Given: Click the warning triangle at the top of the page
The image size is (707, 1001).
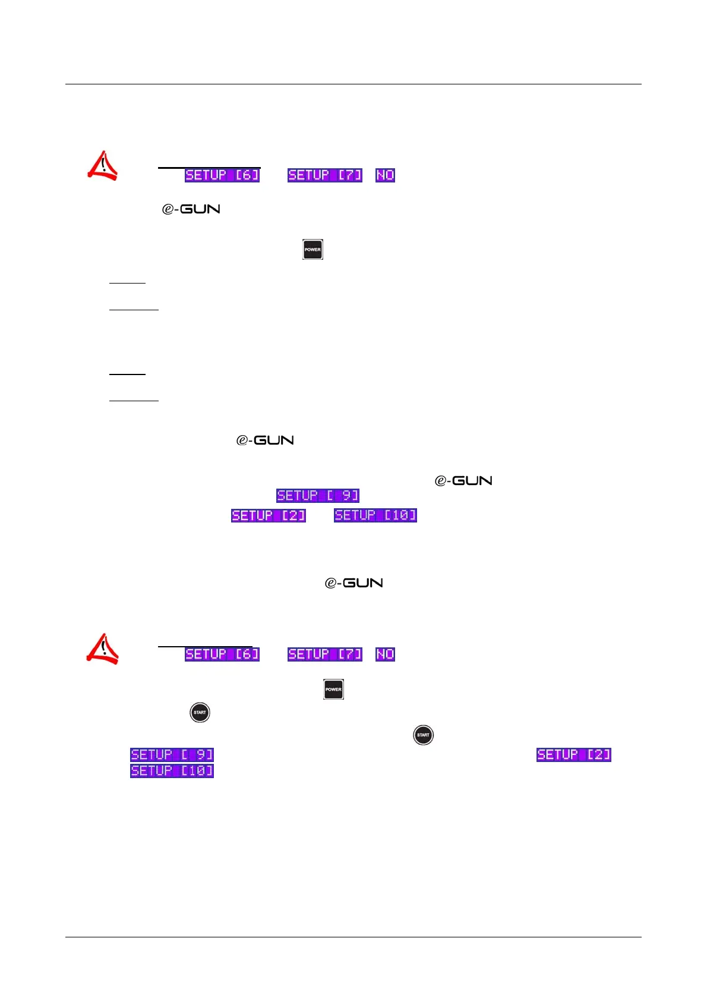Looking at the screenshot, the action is [x=102, y=166].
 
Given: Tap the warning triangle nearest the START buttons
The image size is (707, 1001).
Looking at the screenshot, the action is [x=102, y=649].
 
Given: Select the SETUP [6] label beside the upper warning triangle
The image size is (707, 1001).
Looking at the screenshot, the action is [x=222, y=175].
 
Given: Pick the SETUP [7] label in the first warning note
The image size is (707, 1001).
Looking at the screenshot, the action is [x=325, y=175].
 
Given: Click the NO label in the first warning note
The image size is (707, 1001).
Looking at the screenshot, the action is [x=386, y=175].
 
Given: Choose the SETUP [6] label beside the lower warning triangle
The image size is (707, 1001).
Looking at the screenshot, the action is [x=222, y=654].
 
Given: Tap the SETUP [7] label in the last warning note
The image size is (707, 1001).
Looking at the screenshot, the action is [x=325, y=654].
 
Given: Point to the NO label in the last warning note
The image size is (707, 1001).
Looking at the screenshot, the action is [x=386, y=654].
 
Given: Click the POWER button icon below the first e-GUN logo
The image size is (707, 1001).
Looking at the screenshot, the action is [x=313, y=250].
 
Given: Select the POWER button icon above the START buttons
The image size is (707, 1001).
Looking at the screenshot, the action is [x=333, y=690].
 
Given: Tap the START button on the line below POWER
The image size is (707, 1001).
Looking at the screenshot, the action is [x=200, y=712].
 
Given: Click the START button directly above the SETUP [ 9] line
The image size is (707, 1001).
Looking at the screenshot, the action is [x=423, y=735].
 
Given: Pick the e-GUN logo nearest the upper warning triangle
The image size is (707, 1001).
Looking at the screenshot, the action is [x=191, y=209].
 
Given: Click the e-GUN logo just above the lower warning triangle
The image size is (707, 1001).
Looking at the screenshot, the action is [x=353, y=583].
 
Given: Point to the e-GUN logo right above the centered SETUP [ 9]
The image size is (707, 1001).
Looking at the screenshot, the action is [x=463, y=481].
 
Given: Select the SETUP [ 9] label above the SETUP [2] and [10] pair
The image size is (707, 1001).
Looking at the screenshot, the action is [x=318, y=496].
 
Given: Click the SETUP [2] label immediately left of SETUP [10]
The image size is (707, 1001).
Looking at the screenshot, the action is [x=269, y=515].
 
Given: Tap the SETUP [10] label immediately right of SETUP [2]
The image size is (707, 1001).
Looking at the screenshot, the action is [x=375, y=515].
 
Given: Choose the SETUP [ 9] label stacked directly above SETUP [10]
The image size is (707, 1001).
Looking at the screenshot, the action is [x=172, y=755].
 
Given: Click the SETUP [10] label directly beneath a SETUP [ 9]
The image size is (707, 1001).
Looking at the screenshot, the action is [x=172, y=771].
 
